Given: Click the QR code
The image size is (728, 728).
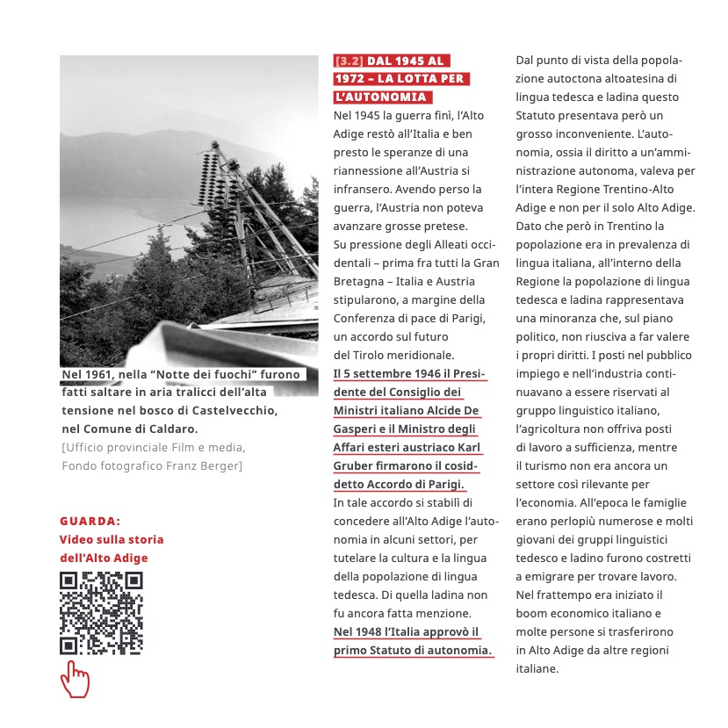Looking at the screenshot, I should point(101,612).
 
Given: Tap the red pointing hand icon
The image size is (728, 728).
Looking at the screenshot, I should point(76,680).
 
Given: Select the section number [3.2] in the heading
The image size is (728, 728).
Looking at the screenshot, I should point(349,61).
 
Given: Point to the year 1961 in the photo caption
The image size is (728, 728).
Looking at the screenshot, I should point(105,376).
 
